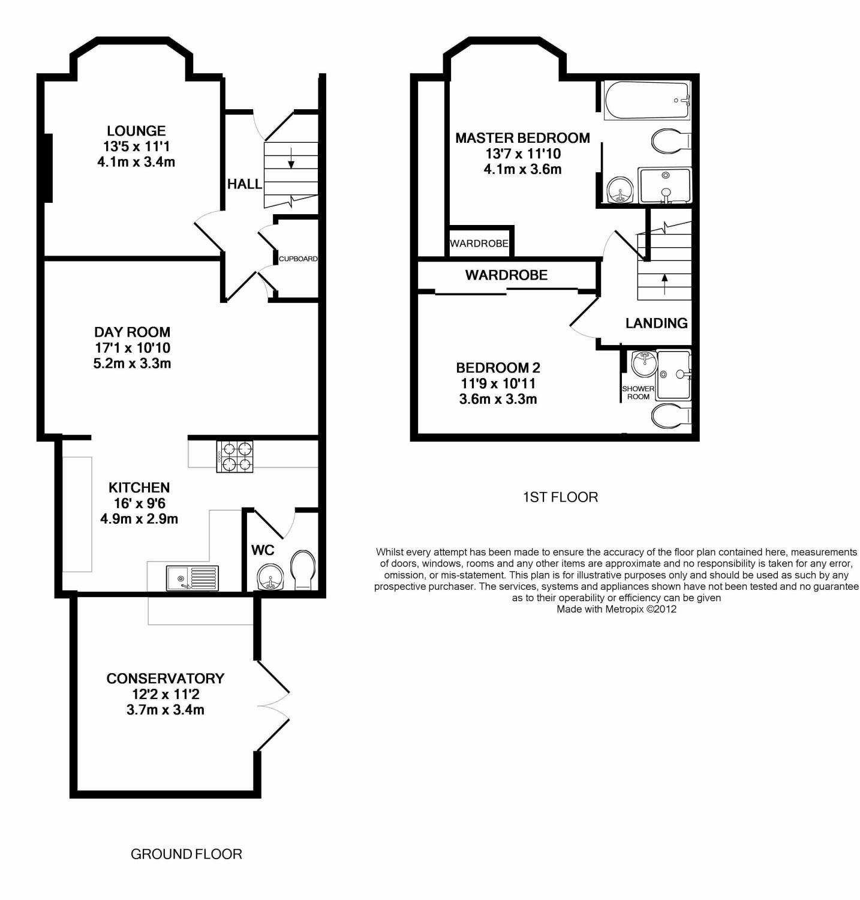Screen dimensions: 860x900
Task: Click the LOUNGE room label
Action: pos(136,131)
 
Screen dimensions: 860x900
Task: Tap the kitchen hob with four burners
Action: pos(234,456)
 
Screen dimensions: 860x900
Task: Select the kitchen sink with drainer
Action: pos(193,578)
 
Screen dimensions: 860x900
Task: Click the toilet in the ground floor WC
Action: pos(303,570)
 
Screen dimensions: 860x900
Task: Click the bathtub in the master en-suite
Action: pos(647,100)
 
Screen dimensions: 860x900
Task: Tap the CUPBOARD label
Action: pos(298,259)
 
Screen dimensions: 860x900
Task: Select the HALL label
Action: pos(245,184)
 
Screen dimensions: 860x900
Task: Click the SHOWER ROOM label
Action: pos(638,392)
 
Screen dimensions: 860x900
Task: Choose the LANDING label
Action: pos(657,323)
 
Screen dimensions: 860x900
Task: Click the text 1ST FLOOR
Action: pos(561,497)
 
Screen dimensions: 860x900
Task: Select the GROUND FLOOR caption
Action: pos(187,854)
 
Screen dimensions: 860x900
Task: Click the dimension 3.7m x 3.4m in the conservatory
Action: pos(166,710)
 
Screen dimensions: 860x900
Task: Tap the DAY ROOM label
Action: pos(133,332)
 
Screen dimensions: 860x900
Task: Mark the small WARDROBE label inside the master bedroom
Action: pos(479,244)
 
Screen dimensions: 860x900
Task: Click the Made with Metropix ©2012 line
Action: pos(617,609)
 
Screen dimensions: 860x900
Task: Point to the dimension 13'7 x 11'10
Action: pos(523,154)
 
